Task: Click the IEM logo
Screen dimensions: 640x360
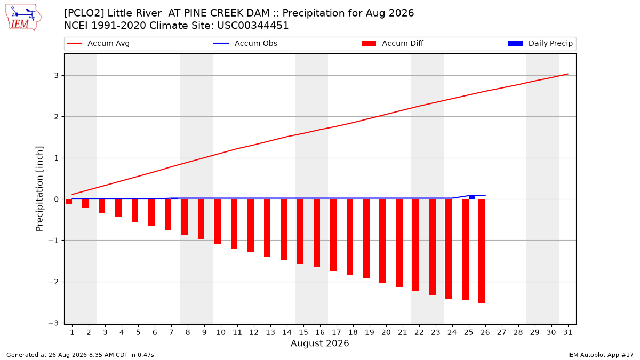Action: [23, 17]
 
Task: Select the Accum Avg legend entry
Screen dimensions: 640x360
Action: [98, 43]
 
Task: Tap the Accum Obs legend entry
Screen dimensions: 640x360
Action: [245, 43]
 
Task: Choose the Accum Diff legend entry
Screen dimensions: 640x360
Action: [393, 43]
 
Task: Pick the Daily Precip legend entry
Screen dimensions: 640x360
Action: [540, 43]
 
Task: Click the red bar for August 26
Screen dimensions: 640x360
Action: [482, 251]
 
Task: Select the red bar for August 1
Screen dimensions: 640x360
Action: [69, 202]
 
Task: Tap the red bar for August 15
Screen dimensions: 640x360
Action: [300, 231]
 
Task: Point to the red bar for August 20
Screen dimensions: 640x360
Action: [382, 241]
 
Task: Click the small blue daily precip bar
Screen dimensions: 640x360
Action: [472, 197]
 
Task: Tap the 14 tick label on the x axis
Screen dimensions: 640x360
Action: [286, 332]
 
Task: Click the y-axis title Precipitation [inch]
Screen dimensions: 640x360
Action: [39, 189]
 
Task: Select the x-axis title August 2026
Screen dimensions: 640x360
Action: [319, 343]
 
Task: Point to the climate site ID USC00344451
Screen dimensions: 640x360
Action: [253, 26]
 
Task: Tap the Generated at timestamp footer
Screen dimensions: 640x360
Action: [80, 355]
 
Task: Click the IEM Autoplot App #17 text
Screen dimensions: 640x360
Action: [601, 355]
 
